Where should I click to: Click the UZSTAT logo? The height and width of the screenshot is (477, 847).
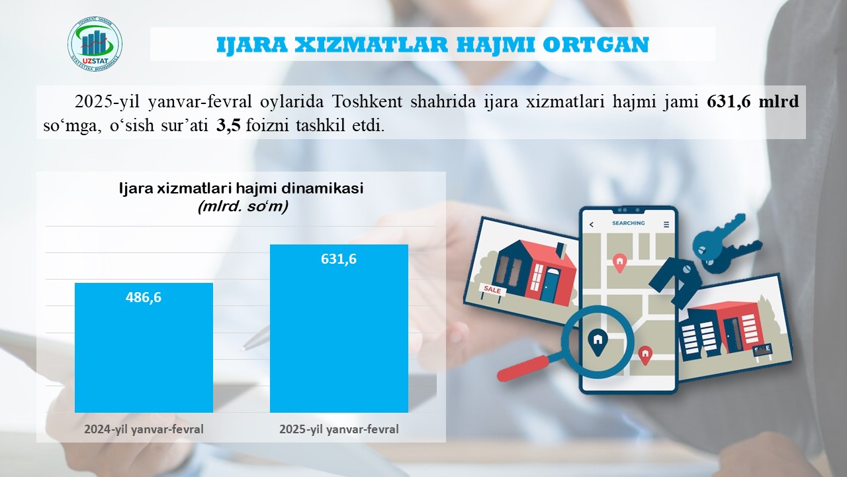coord(95,44)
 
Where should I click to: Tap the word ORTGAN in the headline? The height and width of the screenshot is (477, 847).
coord(596,44)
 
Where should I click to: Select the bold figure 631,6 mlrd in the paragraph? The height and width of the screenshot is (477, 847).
coord(753,102)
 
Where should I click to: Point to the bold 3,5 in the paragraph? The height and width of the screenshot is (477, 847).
coord(228,125)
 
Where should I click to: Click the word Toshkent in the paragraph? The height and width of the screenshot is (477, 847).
coord(367,102)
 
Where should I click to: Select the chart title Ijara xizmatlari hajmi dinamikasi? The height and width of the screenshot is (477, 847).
coord(242,188)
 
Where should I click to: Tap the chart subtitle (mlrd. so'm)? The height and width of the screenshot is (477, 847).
coord(243,207)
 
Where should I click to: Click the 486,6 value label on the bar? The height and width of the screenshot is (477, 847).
coord(144,297)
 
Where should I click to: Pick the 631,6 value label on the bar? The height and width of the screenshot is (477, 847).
coord(338,259)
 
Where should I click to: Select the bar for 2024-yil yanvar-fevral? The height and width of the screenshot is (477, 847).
coord(144,348)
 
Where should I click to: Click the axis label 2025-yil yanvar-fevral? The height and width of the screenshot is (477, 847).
coord(339,429)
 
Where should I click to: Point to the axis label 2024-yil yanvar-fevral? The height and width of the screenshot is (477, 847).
coord(144,429)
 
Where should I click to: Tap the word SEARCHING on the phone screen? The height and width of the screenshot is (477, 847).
coord(629,223)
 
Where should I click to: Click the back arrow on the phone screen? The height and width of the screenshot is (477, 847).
coord(592,225)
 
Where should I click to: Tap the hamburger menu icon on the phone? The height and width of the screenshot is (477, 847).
coord(666,225)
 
